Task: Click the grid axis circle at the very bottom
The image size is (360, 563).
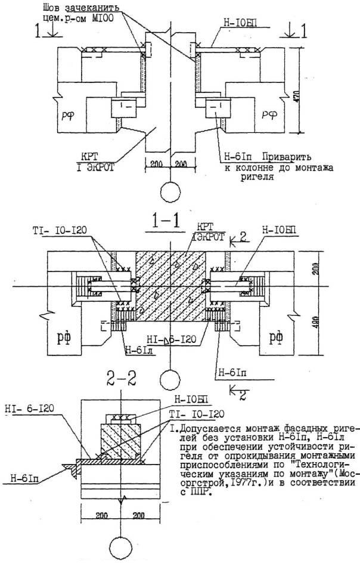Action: pyautogui.click(x=122, y=549)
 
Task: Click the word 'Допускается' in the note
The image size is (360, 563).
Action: pyautogui.click(x=200, y=429)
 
